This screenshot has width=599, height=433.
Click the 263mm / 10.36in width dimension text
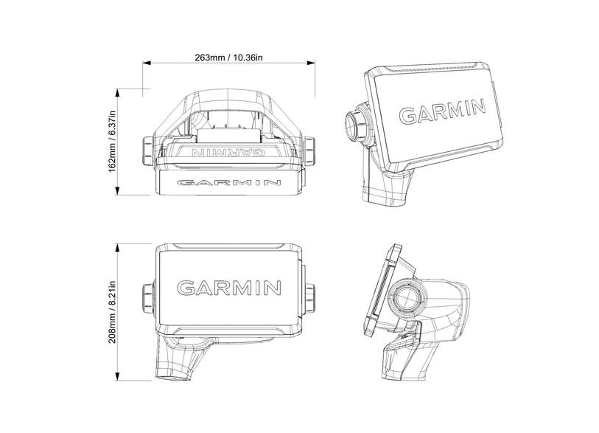click(x=228, y=57)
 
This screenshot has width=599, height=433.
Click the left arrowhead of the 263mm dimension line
click(x=145, y=65)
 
